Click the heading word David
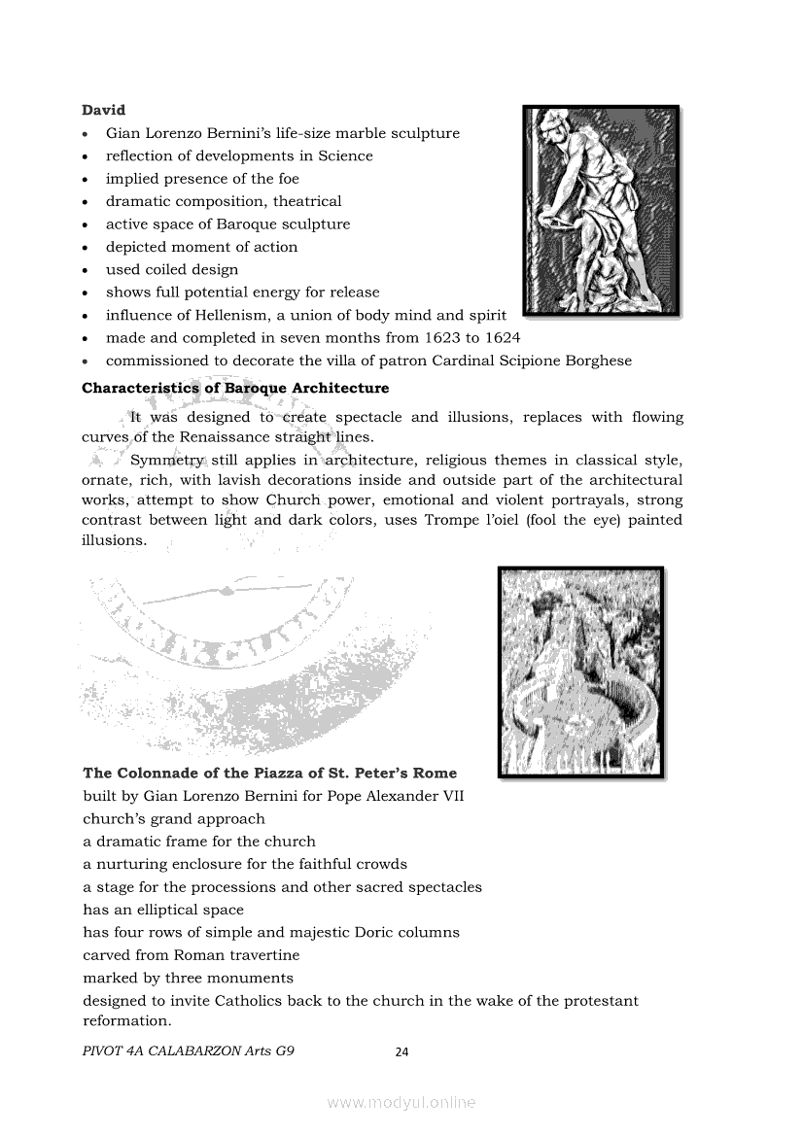click(104, 110)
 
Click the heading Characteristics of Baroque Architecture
click(235, 388)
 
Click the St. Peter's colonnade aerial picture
click(580, 671)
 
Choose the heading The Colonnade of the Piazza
click(256, 774)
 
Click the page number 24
click(402, 1051)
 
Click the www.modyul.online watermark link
click(401, 1102)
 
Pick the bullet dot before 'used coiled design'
click(87, 270)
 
